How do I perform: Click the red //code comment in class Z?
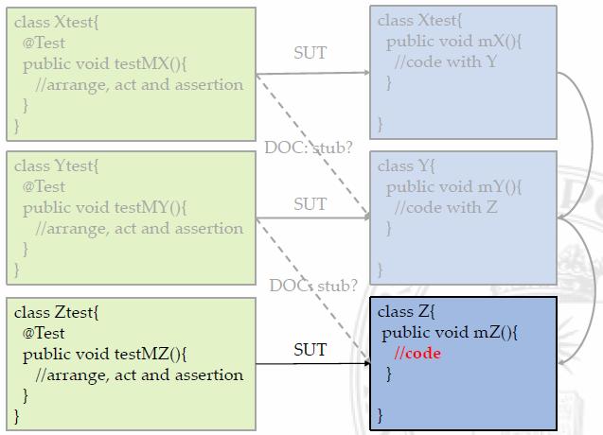pyautogui.click(x=417, y=353)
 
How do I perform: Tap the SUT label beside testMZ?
pyautogui.click(x=310, y=350)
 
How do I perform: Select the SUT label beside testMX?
pyautogui.click(x=310, y=53)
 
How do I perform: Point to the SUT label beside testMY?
pyautogui.click(x=310, y=203)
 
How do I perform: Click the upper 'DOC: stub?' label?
pyautogui.click(x=308, y=148)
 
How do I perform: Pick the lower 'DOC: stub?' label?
pyautogui.click(x=313, y=286)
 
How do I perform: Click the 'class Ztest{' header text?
pyautogui.click(x=56, y=312)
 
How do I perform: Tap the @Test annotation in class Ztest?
pyautogui.click(x=44, y=333)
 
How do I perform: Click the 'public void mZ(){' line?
pyautogui.click(x=450, y=332)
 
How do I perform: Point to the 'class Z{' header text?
pyautogui.click(x=406, y=311)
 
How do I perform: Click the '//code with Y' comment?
pyautogui.click(x=444, y=61)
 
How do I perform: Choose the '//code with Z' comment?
pyautogui.click(x=445, y=207)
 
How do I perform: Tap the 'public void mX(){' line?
pyautogui.click(x=455, y=41)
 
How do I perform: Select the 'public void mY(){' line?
pyautogui.click(x=454, y=186)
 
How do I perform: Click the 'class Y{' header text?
pyautogui.click(x=406, y=165)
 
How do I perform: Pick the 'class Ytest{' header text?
pyautogui.click(x=56, y=165)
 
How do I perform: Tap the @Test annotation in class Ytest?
pyautogui.click(x=44, y=186)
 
